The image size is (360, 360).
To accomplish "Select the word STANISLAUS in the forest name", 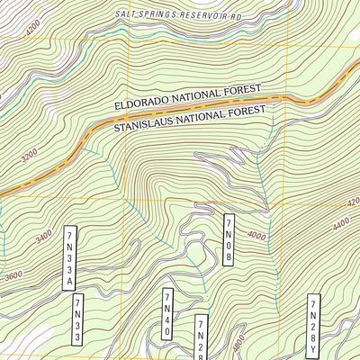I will pos(148,125).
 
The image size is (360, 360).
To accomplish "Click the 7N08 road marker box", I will pos(229,239).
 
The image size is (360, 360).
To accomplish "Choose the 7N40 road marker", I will pos(167,314).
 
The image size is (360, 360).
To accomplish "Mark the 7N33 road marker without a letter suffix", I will pos(78,319).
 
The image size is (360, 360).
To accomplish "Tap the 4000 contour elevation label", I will pos(257,236).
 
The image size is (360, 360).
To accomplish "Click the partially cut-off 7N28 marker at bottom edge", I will pos(201,339).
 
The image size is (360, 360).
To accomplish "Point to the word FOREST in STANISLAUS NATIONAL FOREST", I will pos(248,111).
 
